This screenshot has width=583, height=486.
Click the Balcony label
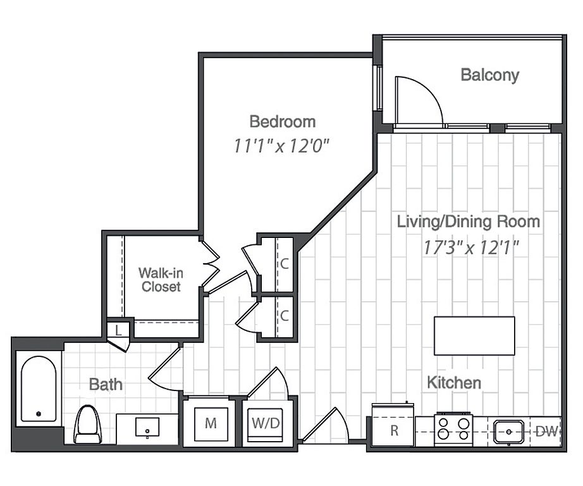489,75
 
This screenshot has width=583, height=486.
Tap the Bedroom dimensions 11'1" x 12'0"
282,146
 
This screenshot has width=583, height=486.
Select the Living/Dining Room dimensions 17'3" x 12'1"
471,247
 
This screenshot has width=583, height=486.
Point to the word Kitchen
454,383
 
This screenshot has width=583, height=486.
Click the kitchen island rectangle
474,335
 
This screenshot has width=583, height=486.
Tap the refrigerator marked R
393,425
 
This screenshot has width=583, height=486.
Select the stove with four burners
453,429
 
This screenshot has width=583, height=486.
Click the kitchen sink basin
508,432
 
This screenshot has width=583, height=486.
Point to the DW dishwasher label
547,432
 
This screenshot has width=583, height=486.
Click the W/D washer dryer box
266,424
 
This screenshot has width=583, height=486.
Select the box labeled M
211,424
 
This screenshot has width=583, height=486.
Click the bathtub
39,389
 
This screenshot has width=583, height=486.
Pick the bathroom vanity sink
147,427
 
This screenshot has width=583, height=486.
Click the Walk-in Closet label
161,280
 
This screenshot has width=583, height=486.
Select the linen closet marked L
118,330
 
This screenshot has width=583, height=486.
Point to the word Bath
106,384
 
